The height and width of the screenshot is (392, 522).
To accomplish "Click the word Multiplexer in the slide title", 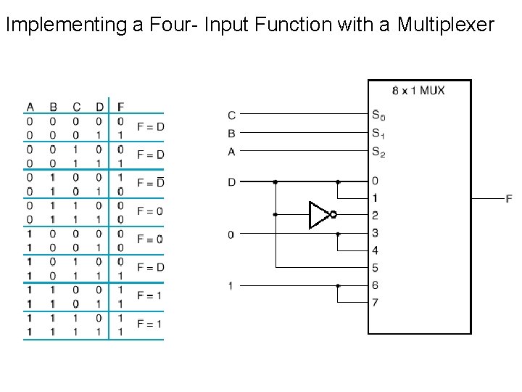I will coord(445,25).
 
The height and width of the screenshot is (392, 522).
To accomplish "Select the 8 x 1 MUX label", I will coord(418,91).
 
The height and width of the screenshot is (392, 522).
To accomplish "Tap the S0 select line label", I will coord(378,115).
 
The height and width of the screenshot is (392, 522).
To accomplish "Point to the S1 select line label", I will coord(378,133).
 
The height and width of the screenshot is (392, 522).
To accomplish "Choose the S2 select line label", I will coord(378,152).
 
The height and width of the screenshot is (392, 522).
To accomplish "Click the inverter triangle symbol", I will coord(318,215).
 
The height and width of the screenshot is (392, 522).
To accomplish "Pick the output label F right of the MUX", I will coord(509,198).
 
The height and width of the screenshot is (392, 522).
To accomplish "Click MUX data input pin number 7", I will coord(375,302).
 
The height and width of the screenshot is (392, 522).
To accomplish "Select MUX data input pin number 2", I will coord(375,216).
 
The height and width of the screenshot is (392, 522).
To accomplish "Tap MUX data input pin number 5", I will coord(375,268).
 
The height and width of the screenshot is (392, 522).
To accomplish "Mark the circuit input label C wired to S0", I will coord(231,115).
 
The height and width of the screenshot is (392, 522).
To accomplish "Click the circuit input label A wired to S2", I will coord(231,152).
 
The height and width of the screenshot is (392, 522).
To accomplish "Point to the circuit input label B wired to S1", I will coord(231,133).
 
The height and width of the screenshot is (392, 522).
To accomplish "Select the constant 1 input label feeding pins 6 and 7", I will coord(231,286).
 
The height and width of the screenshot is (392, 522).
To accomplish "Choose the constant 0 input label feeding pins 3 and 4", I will coord(231,234).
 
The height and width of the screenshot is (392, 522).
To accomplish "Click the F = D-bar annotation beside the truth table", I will coord(150,183).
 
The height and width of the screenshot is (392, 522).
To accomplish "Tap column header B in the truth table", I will coord(53,107).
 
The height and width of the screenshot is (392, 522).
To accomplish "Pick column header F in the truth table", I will coord(120,107).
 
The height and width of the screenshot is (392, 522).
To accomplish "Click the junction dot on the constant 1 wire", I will coord(338,286).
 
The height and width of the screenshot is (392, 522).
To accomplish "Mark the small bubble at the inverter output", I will coord(333,215).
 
